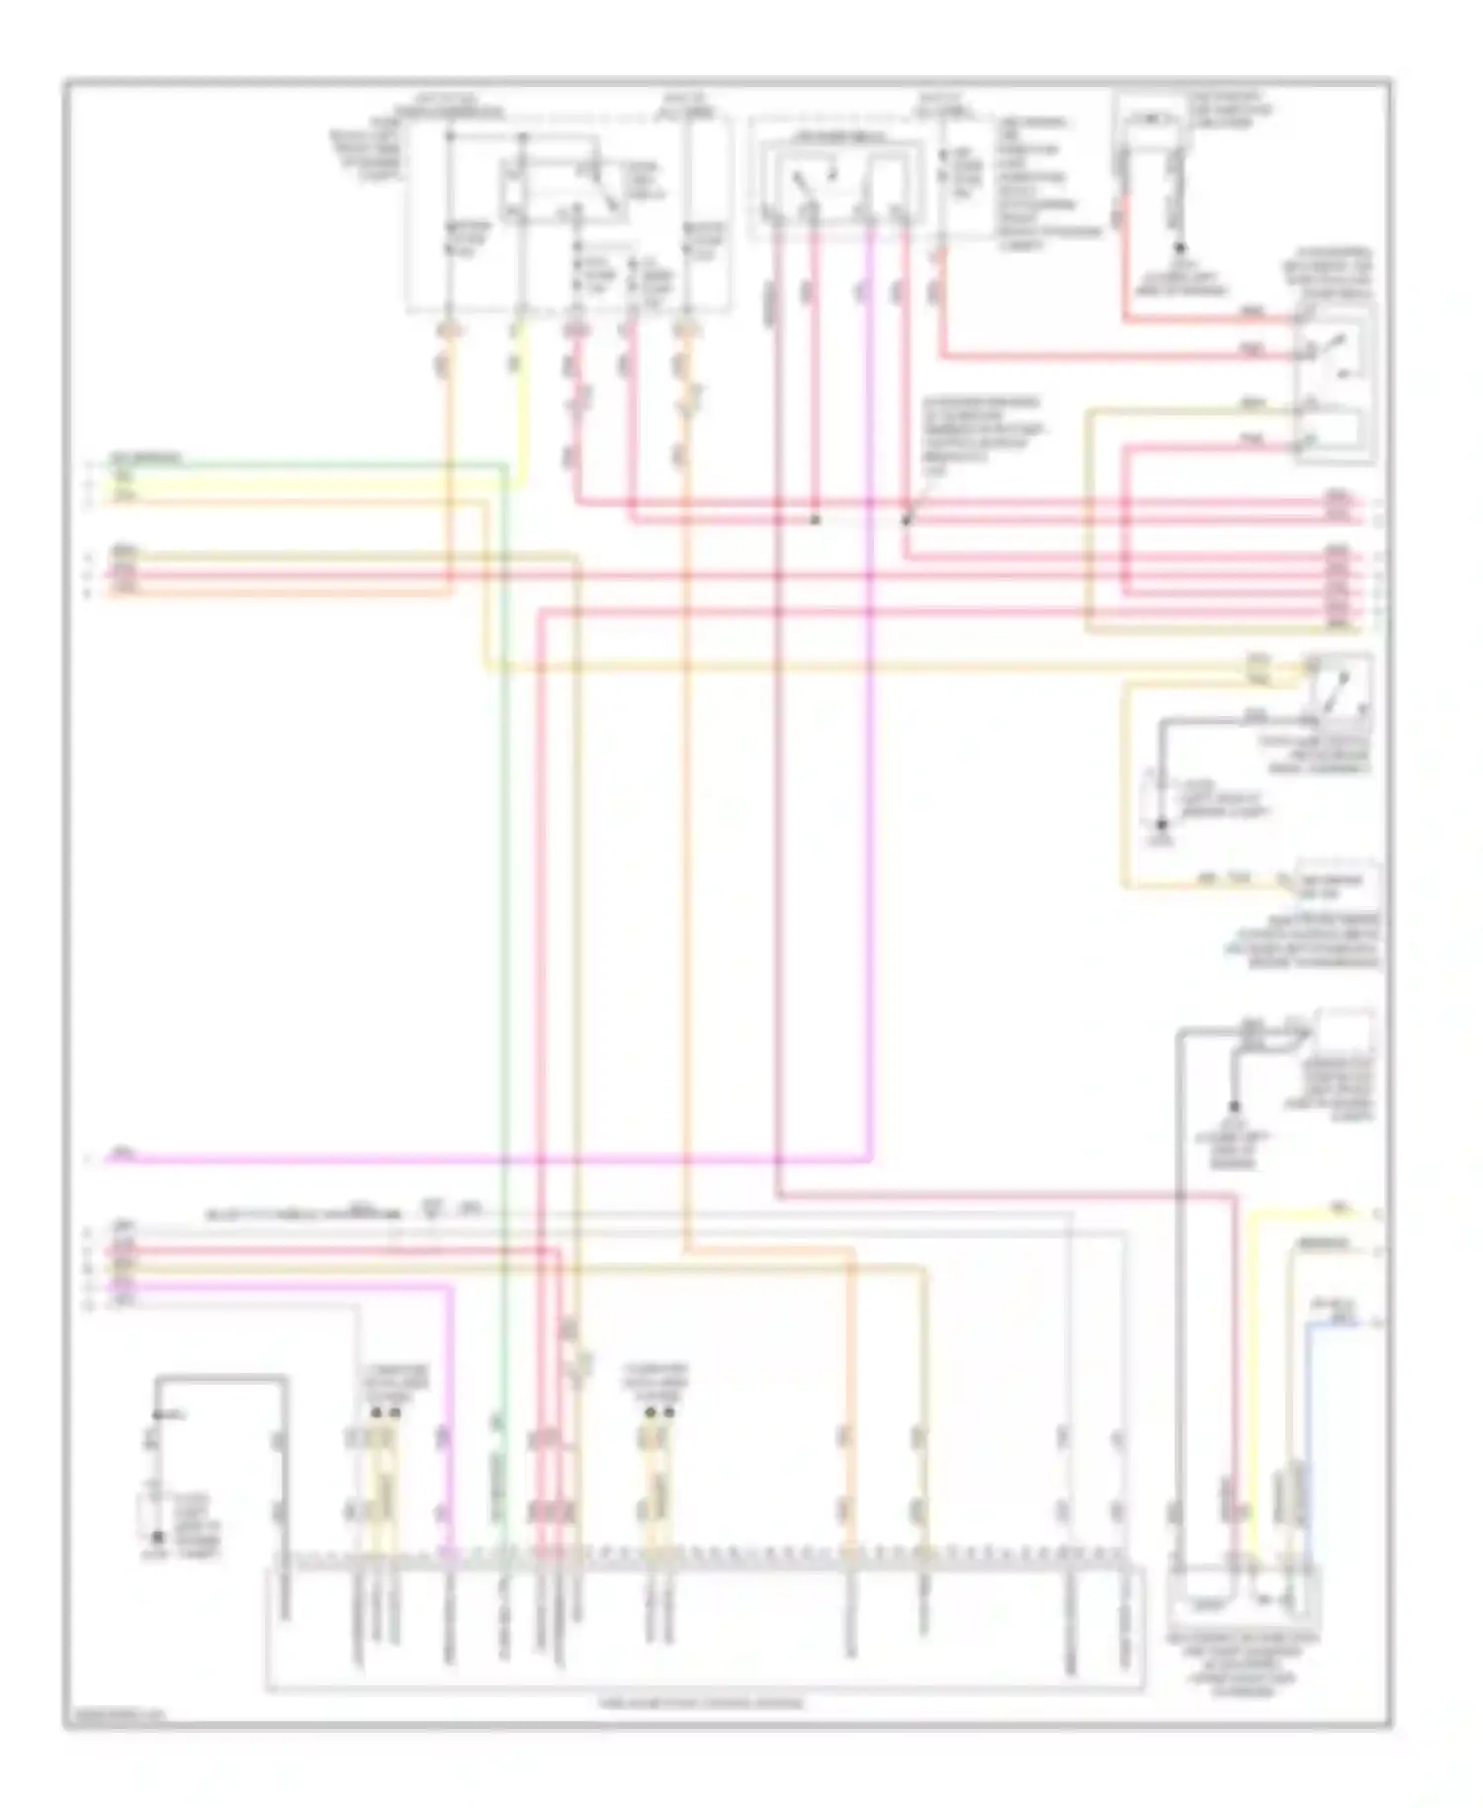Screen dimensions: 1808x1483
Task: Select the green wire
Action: click(x=505, y=890)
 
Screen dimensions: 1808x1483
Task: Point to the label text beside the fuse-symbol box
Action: click(x=1227, y=111)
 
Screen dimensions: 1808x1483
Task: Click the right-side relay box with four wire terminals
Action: click(x=1334, y=381)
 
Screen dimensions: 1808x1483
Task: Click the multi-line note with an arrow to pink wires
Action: click(x=983, y=435)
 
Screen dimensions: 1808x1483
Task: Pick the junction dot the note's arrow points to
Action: click(x=906, y=518)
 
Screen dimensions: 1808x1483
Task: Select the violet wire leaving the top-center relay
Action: click(x=871, y=692)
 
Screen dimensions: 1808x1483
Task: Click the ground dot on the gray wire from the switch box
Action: click(x=1163, y=824)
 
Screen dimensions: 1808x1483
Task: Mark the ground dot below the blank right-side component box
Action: click(x=1234, y=1106)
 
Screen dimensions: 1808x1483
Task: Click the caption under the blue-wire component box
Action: click(x=1244, y=1662)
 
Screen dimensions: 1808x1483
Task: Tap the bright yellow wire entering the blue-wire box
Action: click(x=1254, y=1385)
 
